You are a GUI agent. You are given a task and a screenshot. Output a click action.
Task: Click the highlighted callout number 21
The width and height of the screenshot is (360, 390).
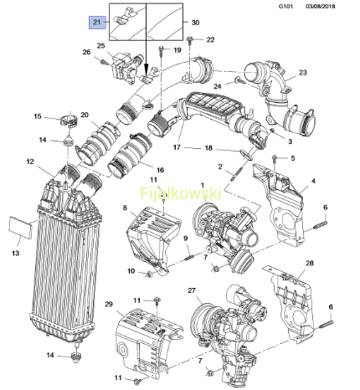pyautogui.click(x=97, y=23)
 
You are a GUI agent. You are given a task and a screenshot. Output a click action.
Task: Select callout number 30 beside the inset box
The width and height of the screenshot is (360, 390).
pyautogui.click(x=195, y=23)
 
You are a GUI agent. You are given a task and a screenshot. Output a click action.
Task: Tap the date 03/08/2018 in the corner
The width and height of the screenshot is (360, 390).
pyautogui.click(x=321, y=6)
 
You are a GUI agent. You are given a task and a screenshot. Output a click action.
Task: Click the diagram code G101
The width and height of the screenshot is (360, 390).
pyautogui.click(x=285, y=6)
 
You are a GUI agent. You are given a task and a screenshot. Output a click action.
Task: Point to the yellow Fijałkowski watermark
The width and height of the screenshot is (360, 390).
pyautogui.click(x=181, y=193)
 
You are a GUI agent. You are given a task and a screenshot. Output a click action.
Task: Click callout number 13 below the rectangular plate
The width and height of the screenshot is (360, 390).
pyautogui.click(x=16, y=253)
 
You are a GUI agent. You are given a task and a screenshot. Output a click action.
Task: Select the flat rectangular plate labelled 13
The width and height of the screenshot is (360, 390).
pyautogui.click(x=21, y=228)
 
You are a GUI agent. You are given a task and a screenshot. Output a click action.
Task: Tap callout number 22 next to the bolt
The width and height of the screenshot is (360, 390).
pyautogui.click(x=210, y=39)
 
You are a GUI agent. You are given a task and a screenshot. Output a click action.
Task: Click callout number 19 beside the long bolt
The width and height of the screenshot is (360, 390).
pyautogui.click(x=177, y=50)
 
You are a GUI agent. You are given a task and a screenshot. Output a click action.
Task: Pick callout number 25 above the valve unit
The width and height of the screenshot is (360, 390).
pyautogui.click(x=100, y=45)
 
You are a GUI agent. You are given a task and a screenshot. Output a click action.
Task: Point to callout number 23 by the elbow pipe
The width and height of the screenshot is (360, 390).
pyautogui.click(x=303, y=73)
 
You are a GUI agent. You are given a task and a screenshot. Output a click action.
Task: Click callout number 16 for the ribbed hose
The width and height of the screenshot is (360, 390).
pyautogui.click(x=160, y=170)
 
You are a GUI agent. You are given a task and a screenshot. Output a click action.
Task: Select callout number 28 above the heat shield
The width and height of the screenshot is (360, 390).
pyautogui.click(x=310, y=263)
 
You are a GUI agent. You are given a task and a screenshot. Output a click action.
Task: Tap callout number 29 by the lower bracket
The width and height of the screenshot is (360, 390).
pyautogui.click(x=109, y=304)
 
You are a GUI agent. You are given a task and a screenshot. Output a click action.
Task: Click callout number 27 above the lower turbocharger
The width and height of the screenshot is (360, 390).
pyautogui.click(x=192, y=290)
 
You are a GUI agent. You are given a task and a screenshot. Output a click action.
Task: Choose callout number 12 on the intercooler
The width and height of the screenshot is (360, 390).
pyautogui.click(x=30, y=162)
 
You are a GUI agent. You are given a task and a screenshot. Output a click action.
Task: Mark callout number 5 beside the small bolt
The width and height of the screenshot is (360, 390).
pyautogui.click(x=293, y=158)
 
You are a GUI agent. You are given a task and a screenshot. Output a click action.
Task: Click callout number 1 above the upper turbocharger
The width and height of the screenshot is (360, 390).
pyautogui.click(x=203, y=185)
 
